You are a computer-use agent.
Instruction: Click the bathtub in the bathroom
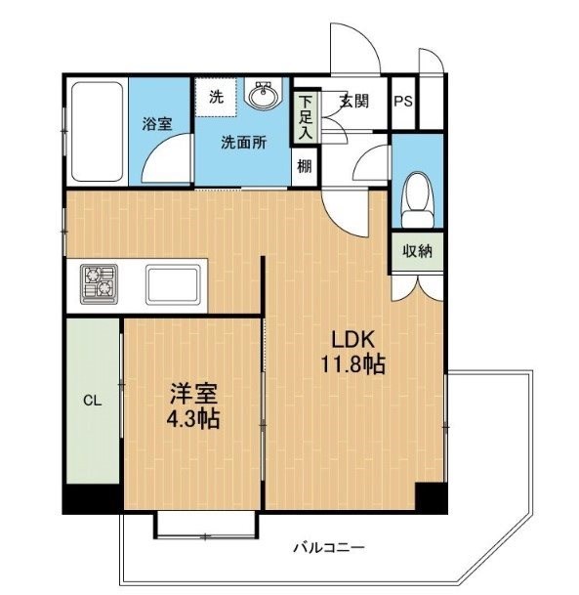97,131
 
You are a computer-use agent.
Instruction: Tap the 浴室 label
157,124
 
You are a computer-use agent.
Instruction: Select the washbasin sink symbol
264,94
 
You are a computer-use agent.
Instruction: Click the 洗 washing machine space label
216,97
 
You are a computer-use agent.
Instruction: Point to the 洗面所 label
244,143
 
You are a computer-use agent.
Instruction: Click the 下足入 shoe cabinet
306,117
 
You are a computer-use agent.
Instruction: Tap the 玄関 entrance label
353,101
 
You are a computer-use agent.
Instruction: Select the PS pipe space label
403,102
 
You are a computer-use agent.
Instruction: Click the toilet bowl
419,200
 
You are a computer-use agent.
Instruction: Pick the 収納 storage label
417,251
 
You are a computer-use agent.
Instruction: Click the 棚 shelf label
304,166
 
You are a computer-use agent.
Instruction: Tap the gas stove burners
99,284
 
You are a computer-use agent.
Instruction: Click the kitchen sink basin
173,284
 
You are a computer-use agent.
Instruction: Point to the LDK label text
353,340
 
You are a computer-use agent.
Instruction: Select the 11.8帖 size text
353,363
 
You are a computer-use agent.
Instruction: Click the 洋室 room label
193,394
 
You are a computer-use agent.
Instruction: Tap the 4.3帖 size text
193,419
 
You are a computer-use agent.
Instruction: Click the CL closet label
93,401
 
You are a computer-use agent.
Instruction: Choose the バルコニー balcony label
329,547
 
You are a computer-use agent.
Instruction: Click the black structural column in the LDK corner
431,496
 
